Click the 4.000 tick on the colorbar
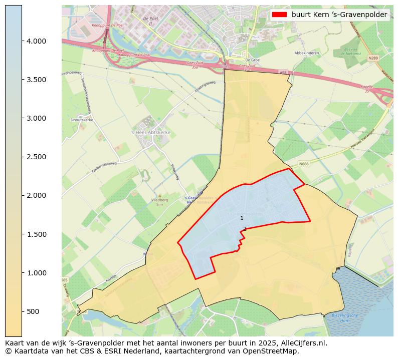pos(36,41)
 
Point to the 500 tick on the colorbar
pos(33,311)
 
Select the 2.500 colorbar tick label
pos(36,157)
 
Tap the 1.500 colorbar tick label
pos(36,234)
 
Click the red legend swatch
pos(280,15)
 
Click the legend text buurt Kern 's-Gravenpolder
pos(339,15)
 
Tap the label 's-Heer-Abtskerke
pos(151,132)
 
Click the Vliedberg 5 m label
pos(160,202)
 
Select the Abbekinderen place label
pos(306,53)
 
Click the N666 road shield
pos(304,163)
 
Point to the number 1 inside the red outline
pos(242,218)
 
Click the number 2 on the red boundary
pos(245,229)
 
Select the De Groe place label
pos(251,59)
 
